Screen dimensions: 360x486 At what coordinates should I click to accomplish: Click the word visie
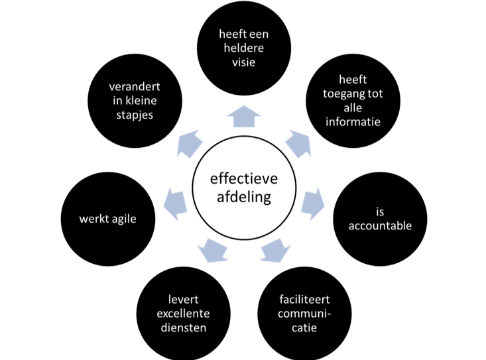coord(244,63)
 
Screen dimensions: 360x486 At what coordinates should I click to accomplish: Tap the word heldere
coord(244,48)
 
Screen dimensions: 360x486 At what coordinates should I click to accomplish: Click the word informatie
coord(353,121)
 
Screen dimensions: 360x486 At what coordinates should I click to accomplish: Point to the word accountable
coord(380,226)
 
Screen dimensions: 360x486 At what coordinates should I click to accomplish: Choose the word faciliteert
coord(304,299)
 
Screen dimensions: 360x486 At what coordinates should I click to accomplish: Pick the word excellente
coord(182,314)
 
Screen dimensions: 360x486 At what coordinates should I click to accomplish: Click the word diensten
coord(182,328)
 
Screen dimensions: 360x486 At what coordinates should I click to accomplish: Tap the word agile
coord(121,218)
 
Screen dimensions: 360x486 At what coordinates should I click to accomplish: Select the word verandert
coord(135,87)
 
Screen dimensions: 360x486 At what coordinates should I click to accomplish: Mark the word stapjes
coord(135,115)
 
